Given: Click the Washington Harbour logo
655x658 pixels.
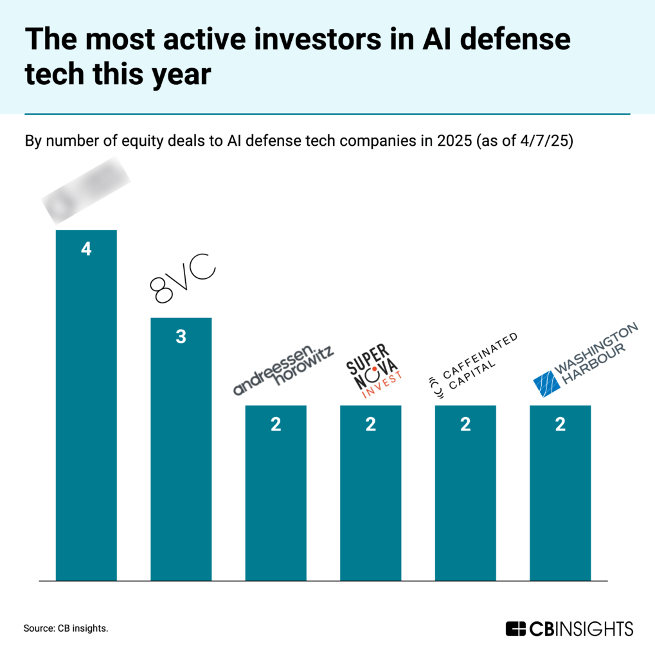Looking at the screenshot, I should tap(586, 359).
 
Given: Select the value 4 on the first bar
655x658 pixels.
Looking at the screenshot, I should tap(86, 249).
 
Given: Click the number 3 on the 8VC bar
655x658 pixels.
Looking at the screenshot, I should tap(181, 337).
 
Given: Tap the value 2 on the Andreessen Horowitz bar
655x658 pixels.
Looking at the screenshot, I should tap(276, 425).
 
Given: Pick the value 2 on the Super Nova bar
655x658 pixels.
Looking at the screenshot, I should tap(370, 425).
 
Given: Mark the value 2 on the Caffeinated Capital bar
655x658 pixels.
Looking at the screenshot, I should tap(465, 425).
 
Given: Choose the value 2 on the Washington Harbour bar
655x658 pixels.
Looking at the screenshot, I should tap(560, 425).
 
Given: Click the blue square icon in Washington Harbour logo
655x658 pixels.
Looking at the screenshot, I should tap(548, 383).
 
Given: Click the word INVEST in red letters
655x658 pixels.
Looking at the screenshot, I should tap(382, 384).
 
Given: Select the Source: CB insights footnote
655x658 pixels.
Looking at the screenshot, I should tap(66, 628).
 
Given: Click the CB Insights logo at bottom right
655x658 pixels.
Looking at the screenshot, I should tap(569, 628).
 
